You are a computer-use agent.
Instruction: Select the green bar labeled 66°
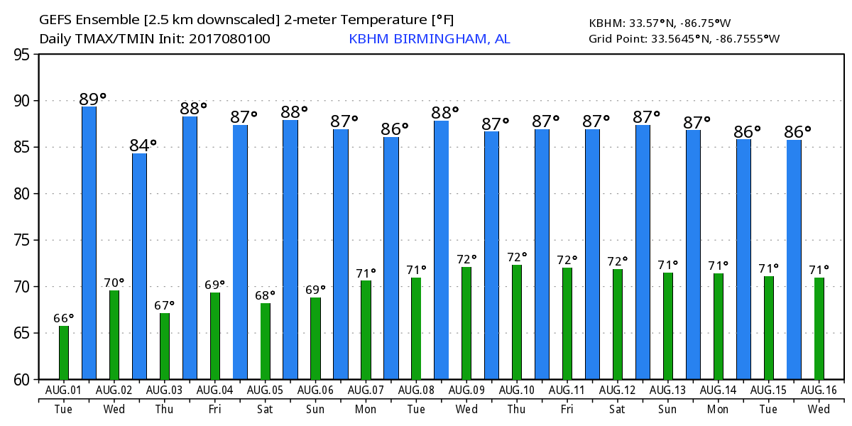[64, 353]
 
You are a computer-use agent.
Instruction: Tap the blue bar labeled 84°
[139, 266]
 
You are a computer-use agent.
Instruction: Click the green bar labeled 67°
[164, 346]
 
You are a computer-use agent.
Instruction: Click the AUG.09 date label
[466, 390]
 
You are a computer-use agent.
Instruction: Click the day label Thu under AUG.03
[164, 410]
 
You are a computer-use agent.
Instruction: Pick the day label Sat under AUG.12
[617, 410]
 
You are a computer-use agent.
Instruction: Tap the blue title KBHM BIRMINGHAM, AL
[429, 38]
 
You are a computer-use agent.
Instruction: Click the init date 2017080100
[229, 38]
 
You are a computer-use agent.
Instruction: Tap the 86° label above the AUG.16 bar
[798, 132]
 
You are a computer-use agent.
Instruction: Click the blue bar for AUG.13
[643, 252]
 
